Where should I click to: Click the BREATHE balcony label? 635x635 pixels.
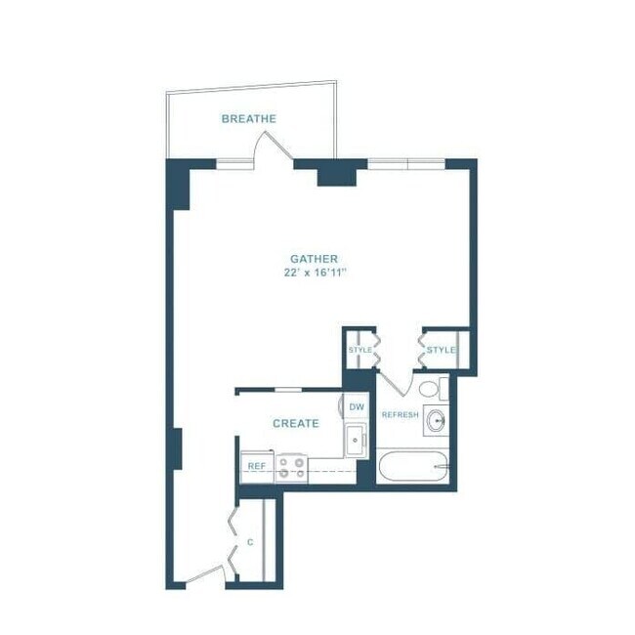point(248,119)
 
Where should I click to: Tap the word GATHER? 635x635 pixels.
point(314,259)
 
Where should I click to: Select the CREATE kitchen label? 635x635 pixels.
point(295,423)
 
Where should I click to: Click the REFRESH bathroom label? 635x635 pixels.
point(400,415)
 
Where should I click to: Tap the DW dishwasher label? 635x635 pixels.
point(357,406)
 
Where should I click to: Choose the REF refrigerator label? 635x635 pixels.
point(256,466)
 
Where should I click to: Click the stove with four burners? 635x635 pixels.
point(291,467)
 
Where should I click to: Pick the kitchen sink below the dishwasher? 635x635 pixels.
point(355,440)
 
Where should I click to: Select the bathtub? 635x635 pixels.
point(414,467)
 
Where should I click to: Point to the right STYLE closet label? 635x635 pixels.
point(441,350)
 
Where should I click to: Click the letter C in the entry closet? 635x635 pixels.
point(250,540)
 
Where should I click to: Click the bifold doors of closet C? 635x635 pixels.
point(233,539)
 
